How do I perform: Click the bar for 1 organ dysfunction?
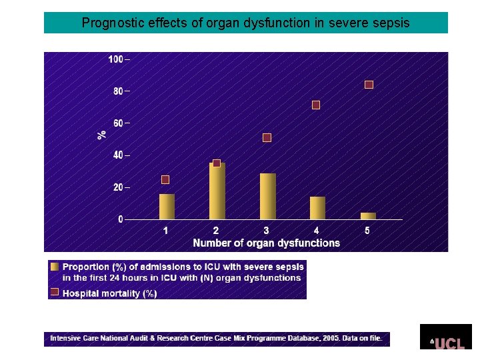pos(167,207)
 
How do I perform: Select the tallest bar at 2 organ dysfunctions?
pos(217,191)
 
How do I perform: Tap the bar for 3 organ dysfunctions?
pos(267,197)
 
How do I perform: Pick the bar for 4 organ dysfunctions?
pos(317,208)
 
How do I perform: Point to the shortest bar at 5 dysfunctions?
pos(368,215)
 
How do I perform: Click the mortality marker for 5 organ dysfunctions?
pos(369,85)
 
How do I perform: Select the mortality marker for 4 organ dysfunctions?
pos(316,105)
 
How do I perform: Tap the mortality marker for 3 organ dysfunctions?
pos(267,137)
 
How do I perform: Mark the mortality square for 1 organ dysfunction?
pos(165,180)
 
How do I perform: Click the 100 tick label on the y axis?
pos(116,59)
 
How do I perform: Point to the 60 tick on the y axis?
pos(118,123)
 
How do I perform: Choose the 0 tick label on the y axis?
pos(121,219)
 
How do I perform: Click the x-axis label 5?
pos(367,231)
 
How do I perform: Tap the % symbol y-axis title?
pos(101,134)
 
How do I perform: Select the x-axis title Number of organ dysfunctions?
pos(266,243)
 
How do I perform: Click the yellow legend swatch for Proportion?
pos(55,266)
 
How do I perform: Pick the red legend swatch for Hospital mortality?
pos(55,291)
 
